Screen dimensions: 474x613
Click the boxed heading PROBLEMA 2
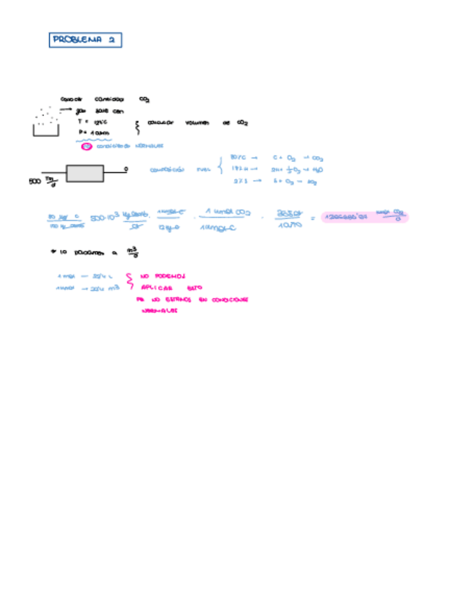[x=85, y=40]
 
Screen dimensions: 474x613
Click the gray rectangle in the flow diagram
[x=85, y=173]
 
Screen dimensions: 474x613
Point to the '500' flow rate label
[x=35, y=181]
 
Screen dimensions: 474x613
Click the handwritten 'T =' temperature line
[x=92, y=122]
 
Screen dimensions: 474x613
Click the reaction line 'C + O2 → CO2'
[x=297, y=157]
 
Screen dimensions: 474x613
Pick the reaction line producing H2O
[x=297, y=169]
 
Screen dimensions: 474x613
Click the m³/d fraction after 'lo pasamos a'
[x=132, y=252]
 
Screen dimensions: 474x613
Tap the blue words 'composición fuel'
[x=178, y=170]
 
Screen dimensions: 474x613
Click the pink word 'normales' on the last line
[x=160, y=311]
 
